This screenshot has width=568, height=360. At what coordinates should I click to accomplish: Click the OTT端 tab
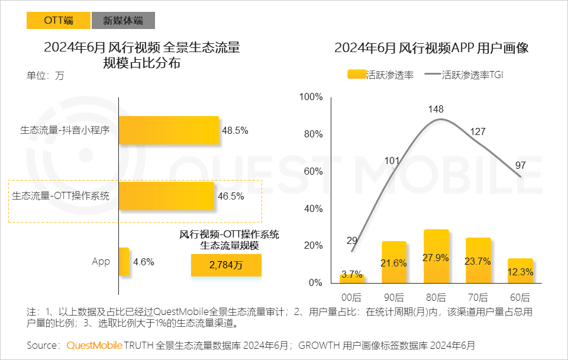pyautogui.click(x=58, y=20)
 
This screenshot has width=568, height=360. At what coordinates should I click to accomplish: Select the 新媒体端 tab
pyautogui.click(x=123, y=20)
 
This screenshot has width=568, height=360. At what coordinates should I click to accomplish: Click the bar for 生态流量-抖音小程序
pyautogui.click(x=169, y=130)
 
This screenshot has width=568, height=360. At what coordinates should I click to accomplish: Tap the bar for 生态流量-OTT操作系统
pyautogui.click(x=166, y=196)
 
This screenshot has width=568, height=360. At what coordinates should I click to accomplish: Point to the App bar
pyautogui.click(x=124, y=261)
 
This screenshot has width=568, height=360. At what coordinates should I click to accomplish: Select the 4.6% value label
pyautogui.click(x=144, y=261)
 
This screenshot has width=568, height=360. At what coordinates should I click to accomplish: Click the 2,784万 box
pyautogui.click(x=226, y=265)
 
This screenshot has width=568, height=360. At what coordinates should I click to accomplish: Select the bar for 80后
pyautogui.click(x=436, y=255)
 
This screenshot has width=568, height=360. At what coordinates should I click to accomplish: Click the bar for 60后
pyautogui.click(x=520, y=270)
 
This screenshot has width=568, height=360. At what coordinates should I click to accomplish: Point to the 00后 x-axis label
pyautogui.click(x=352, y=297)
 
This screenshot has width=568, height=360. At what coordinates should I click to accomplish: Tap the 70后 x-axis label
pyautogui.click(x=478, y=297)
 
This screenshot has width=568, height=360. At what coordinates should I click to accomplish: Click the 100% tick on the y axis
pyautogui.click(x=311, y=97)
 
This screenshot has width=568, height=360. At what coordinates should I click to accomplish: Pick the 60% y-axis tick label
pyautogui.click(x=313, y=172)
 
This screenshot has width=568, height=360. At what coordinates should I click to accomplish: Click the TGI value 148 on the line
pyautogui.click(x=435, y=109)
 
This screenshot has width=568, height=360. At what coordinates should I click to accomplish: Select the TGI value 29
pyautogui.click(x=352, y=240)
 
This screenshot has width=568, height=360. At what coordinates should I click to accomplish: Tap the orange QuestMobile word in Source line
pyautogui.click(x=95, y=345)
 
